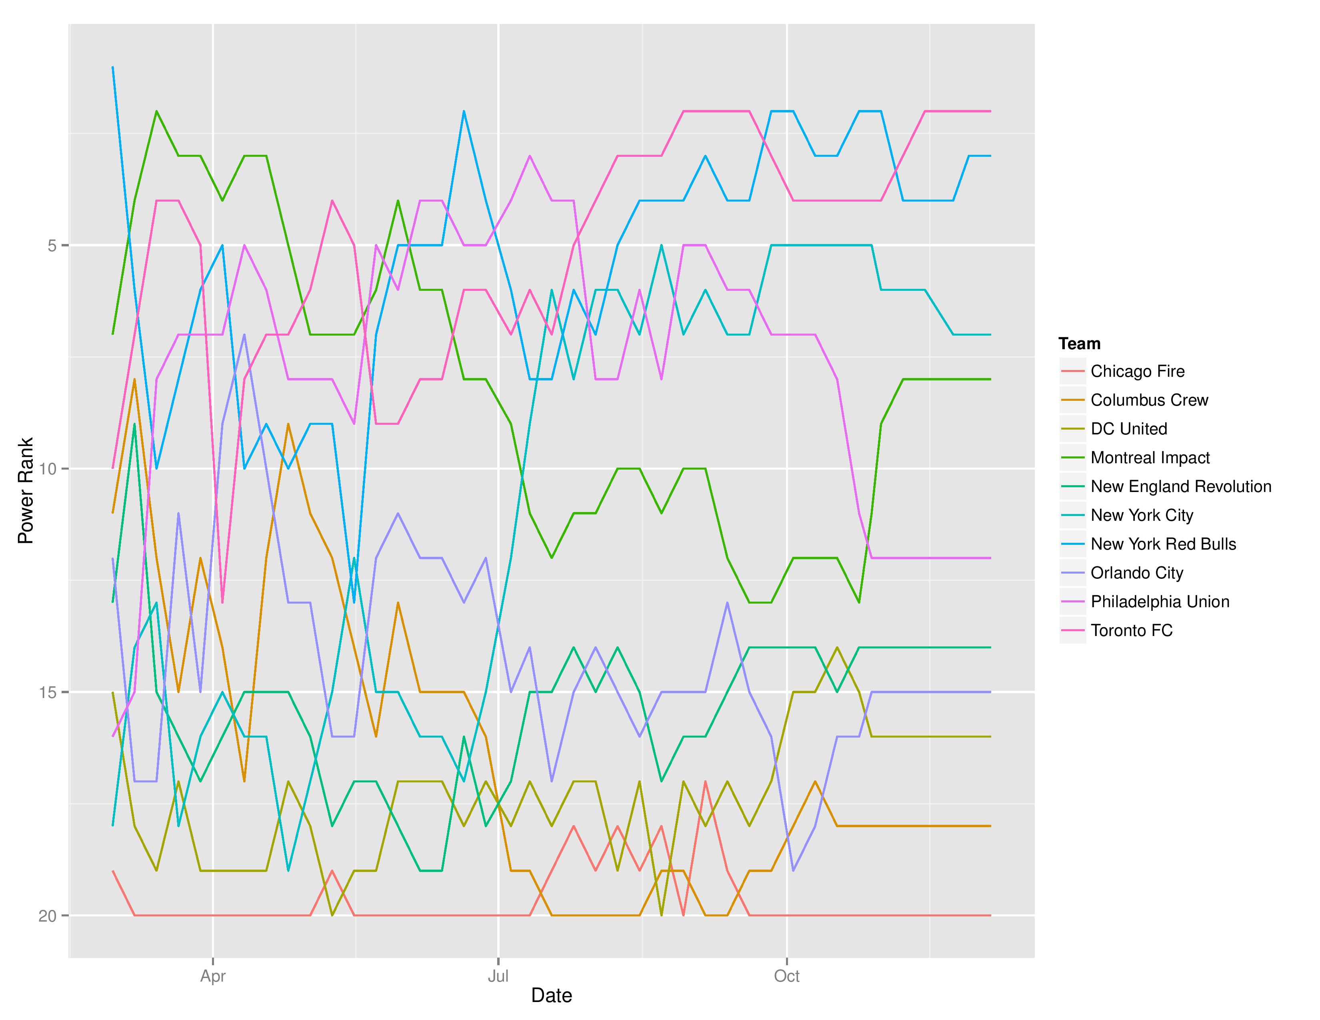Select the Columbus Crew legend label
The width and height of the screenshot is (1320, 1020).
tap(1149, 400)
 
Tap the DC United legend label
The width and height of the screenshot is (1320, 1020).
tap(1128, 429)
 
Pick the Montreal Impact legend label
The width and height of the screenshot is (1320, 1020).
tap(1150, 458)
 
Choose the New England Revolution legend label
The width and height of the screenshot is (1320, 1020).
tap(1180, 486)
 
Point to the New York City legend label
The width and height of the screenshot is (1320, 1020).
tap(1142, 516)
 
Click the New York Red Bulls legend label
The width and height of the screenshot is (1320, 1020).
tap(1163, 544)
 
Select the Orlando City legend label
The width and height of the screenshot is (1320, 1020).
tap(1136, 573)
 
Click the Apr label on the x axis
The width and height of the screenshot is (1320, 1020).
tap(213, 976)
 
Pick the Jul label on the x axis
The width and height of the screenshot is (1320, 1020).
tap(498, 976)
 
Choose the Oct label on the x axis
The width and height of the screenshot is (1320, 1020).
tap(786, 976)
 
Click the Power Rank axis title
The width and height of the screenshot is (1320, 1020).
tap(25, 491)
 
